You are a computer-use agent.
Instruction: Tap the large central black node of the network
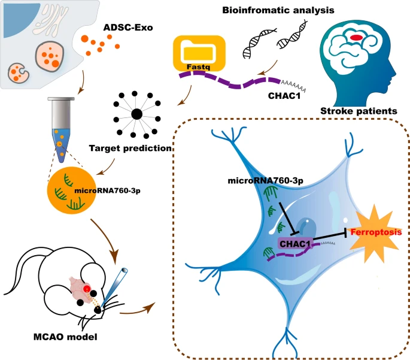tap(136, 114)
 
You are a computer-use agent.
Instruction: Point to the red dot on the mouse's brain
tap(87, 290)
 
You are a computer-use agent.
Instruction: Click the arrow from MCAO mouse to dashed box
tap(138, 310)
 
